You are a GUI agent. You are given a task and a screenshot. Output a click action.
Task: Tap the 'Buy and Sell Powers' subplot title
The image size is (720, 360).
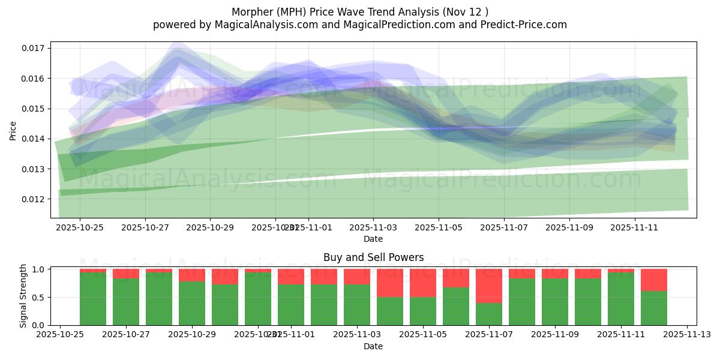pos(373,257)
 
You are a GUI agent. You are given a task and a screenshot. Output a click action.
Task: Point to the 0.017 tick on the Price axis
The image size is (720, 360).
pos(35,48)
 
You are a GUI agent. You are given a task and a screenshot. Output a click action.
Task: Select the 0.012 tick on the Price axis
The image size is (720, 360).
pos(35,199)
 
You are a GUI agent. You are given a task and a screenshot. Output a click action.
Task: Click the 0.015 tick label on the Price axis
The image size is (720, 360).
pos(35,109)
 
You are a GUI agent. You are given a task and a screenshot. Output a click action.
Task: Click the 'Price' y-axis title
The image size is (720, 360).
pos(13,130)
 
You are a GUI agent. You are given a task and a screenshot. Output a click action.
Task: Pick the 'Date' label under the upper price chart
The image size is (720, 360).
pos(373,239)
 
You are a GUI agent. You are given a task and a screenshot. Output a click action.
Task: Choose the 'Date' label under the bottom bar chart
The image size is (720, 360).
pos(373,346)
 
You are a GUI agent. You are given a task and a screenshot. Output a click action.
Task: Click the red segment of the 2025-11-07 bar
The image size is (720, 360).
pos(489,286)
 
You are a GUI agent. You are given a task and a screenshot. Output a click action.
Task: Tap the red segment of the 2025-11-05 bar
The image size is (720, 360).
pos(423,283)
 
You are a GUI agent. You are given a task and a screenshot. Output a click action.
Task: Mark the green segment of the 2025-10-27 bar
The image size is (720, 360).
pos(126,302)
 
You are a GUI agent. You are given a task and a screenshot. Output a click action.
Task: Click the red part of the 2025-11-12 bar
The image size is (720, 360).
pos(654,280)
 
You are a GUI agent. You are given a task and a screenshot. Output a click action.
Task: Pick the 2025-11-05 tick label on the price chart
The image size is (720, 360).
pos(439,227)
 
